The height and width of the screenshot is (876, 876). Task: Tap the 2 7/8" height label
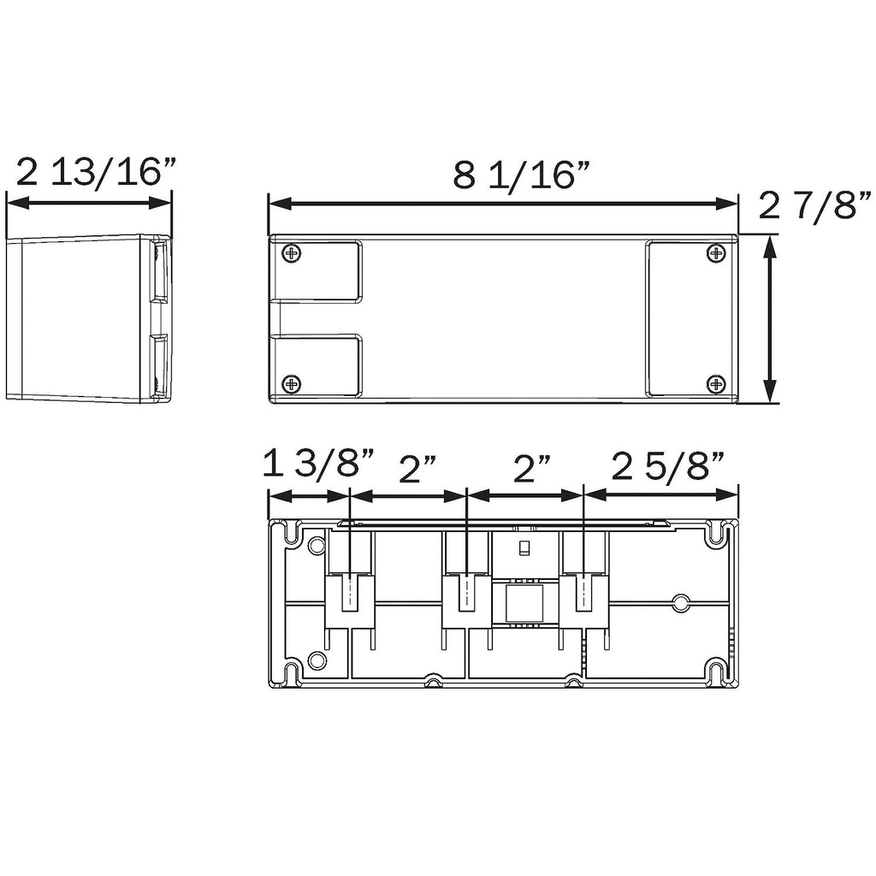pyautogui.click(x=815, y=206)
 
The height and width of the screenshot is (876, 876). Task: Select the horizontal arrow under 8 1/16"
pyautogui.click(x=503, y=204)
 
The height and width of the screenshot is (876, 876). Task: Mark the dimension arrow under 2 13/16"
pyautogui.click(x=89, y=204)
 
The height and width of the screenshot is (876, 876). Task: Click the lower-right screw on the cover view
pyautogui.click(x=715, y=383)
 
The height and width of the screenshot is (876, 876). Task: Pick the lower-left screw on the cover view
pyautogui.click(x=292, y=383)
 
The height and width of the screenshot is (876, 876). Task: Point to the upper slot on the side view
pyautogui.click(x=159, y=270)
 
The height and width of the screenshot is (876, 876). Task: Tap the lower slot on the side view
pyautogui.click(x=159, y=366)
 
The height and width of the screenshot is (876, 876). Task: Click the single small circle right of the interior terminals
pyautogui.click(x=681, y=603)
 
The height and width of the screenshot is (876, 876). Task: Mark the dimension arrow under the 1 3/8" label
pyautogui.click(x=309, y=495)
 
